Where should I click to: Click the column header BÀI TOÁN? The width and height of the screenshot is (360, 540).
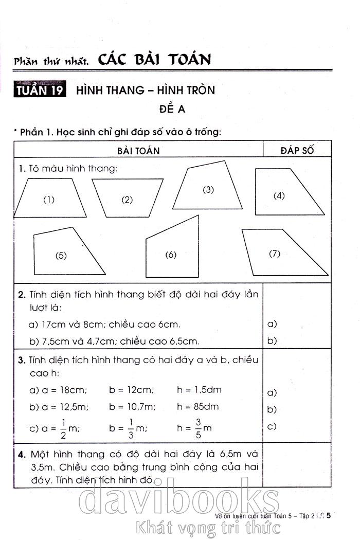click(x=138, y=151)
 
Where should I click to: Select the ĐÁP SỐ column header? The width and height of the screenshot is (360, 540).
click(x=297, y=150)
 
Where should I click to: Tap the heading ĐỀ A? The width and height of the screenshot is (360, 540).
click(x=171, y=109)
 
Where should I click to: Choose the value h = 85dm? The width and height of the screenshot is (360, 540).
click(x=198, y=406)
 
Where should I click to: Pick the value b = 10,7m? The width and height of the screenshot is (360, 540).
click(x=132, y=407)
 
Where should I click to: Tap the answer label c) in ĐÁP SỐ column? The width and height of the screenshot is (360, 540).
click(x=272, y=426)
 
